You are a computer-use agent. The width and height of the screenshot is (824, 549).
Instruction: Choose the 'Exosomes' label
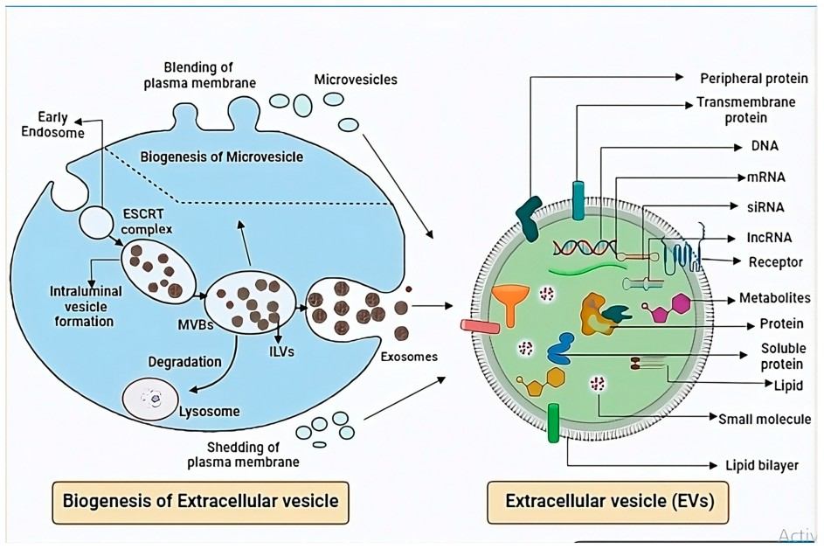point(409,358)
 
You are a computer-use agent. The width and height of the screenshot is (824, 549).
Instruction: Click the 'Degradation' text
point(184,361)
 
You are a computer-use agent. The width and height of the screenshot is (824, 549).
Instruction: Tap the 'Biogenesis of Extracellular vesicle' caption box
point(200,503)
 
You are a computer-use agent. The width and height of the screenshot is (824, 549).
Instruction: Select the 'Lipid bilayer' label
point(762,465)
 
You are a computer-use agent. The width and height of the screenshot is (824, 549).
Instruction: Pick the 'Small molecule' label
point(764,419)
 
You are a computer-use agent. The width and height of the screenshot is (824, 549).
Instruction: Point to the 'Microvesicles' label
point(356,80)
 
